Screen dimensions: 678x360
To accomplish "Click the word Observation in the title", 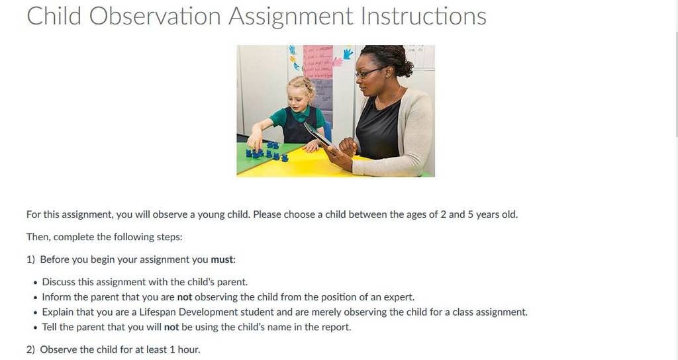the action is [156, 16].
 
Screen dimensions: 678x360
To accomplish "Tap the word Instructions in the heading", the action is [423, 16].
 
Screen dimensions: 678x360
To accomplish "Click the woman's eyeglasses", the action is [369, 72].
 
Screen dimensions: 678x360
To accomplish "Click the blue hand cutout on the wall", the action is [348, 54].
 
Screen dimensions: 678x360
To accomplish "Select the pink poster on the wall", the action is [318, 62].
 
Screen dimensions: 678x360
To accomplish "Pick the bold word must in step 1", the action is [222, 259].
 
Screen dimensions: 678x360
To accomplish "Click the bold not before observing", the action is [185, 297].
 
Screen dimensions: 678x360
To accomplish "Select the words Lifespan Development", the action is [188, 312].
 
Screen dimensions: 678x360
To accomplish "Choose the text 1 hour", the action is [185, 349].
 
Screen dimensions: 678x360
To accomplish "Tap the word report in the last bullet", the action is [338, 327].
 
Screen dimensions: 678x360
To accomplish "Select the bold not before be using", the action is [171, 327].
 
